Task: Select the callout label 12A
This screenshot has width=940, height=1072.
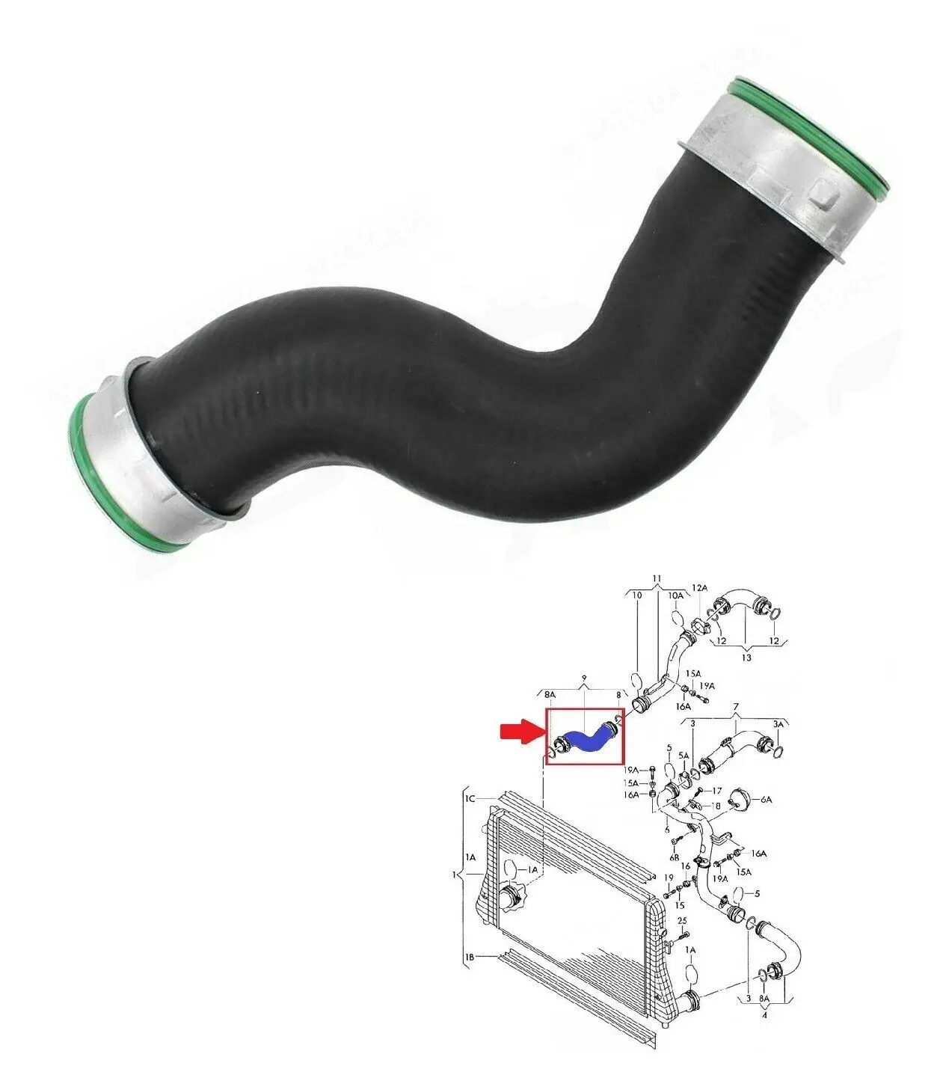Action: [698, 589]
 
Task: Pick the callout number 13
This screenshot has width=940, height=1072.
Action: [746, 658]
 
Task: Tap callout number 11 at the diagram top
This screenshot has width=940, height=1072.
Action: [657, 578]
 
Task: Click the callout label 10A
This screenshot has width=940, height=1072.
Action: [675, 595]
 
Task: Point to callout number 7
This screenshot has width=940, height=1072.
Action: [736, 706]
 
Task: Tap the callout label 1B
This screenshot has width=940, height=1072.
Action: [470, 956]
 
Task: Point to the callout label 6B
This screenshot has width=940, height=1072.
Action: [674, 857]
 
